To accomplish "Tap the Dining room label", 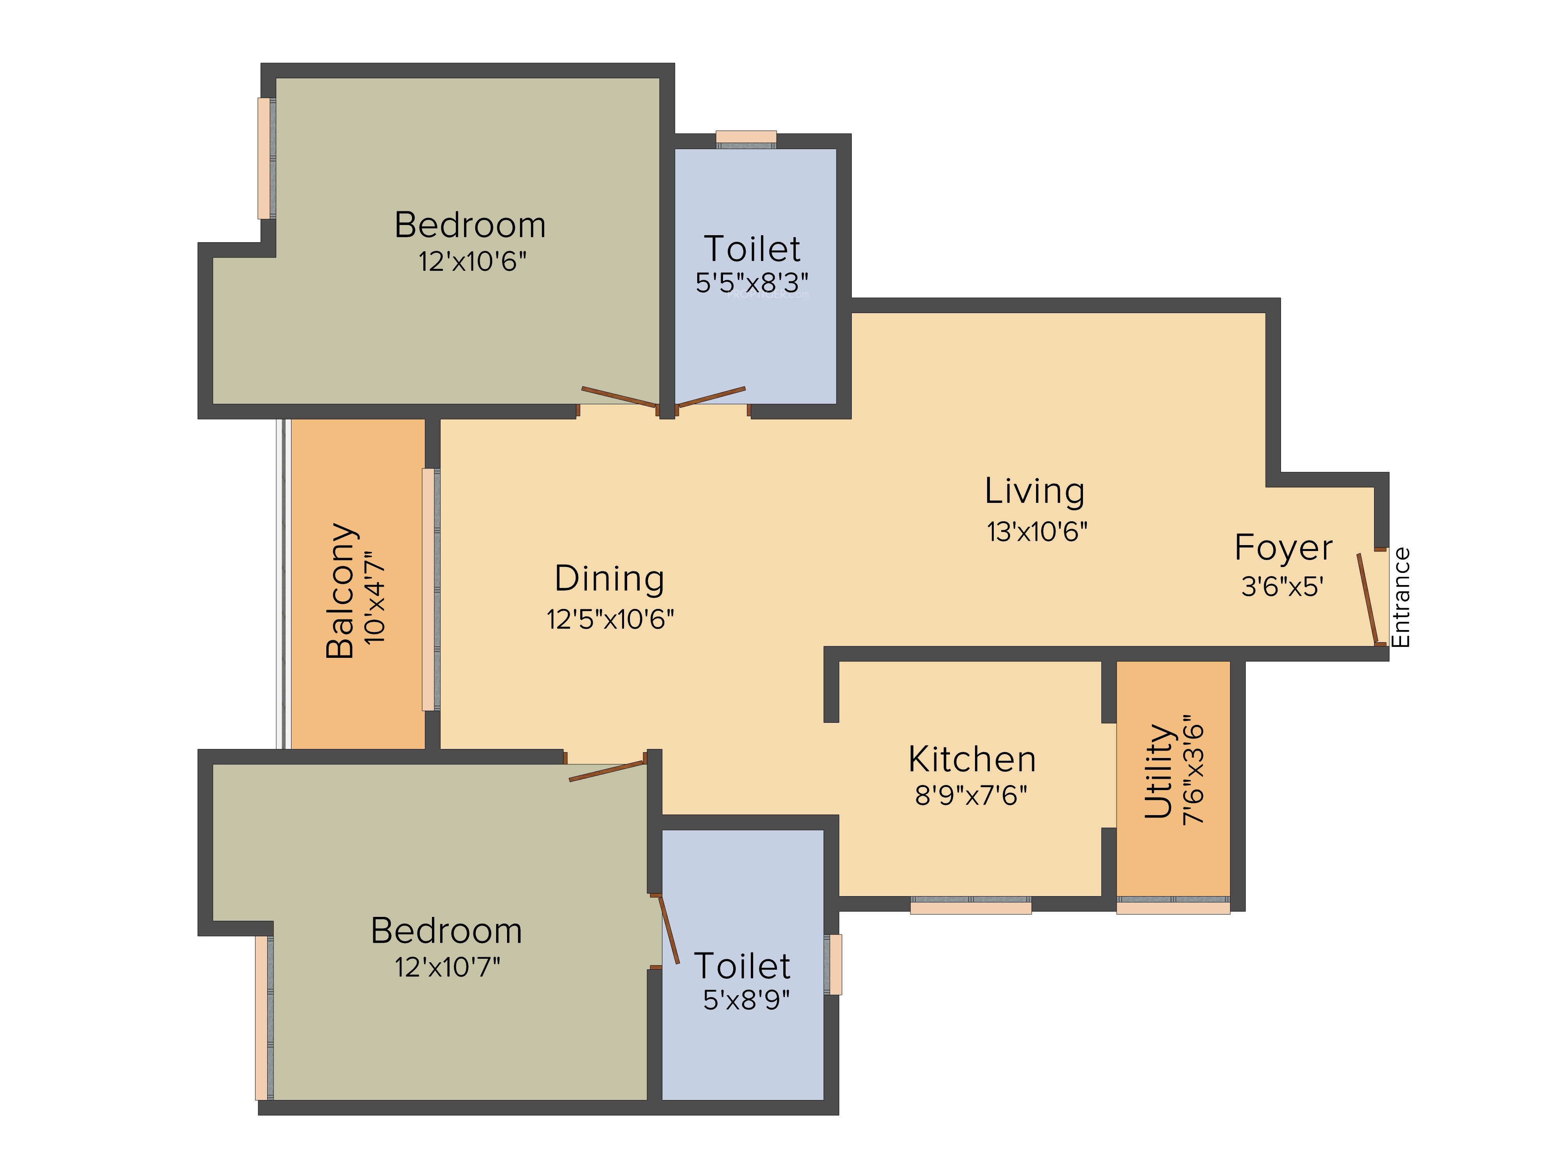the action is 609,579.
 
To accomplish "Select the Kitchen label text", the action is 972,759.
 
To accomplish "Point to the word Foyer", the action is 1283,548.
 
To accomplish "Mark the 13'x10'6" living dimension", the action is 1037,531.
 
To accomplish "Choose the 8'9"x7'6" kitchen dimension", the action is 971,796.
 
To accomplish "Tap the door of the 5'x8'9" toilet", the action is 669,929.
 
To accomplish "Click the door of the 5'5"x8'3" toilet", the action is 711,397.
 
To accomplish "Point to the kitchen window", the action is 971,905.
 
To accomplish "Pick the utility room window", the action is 1173,905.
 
